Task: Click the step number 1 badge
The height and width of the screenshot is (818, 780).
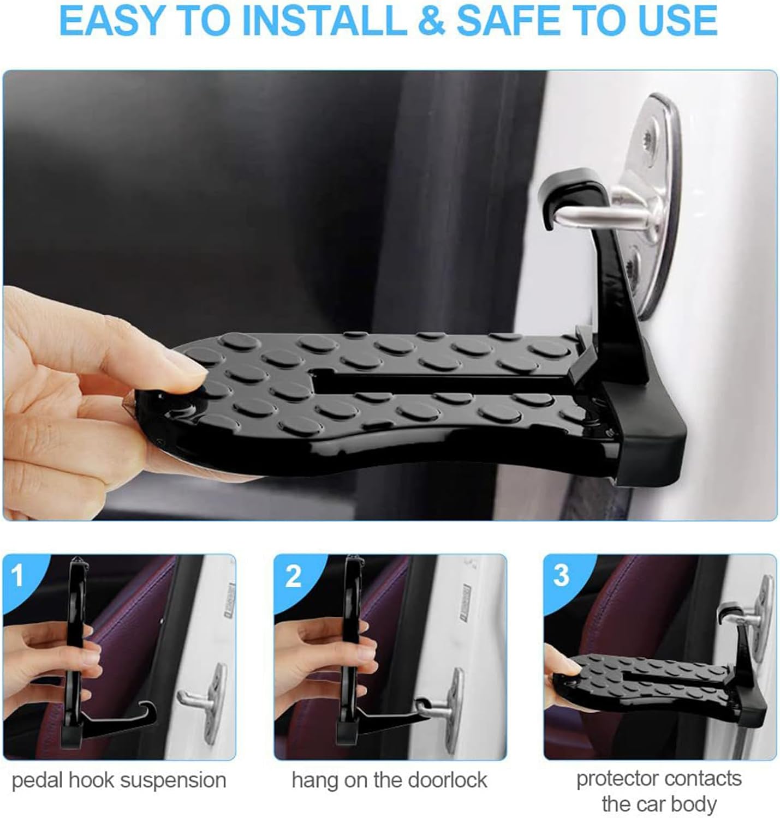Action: (18, 575)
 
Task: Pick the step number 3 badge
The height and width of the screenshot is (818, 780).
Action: (561, 575)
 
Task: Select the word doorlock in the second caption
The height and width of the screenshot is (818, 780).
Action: (447, 780)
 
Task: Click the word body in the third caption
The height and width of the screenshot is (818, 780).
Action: (694, 804)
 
